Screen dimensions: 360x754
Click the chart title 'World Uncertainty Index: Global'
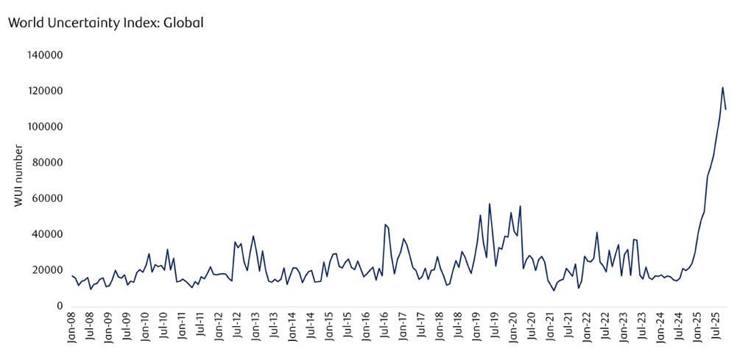105,23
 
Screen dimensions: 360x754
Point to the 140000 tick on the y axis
46,55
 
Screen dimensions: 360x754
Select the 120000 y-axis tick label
46,91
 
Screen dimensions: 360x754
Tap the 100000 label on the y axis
46,127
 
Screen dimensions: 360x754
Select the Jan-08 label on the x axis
71,329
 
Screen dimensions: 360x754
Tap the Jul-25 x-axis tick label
716,329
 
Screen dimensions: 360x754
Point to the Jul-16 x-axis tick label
384,329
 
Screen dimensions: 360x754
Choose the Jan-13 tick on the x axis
256,329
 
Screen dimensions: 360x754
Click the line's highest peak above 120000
722,88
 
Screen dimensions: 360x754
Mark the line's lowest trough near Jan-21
554,291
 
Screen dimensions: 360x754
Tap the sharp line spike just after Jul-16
385,225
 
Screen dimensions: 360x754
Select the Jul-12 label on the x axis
237,329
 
